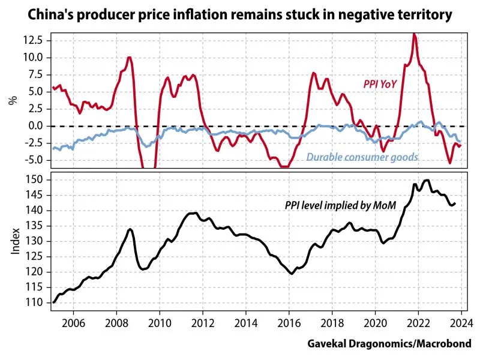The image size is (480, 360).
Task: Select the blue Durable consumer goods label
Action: (362, 158)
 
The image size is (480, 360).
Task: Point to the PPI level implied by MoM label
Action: (341, 206)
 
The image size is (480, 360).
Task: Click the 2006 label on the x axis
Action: (73, 321)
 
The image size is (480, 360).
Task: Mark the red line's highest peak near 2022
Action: (414, 34)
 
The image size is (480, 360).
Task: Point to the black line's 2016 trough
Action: (292, 274)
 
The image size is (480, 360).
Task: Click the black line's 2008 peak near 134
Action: (130, 229)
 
